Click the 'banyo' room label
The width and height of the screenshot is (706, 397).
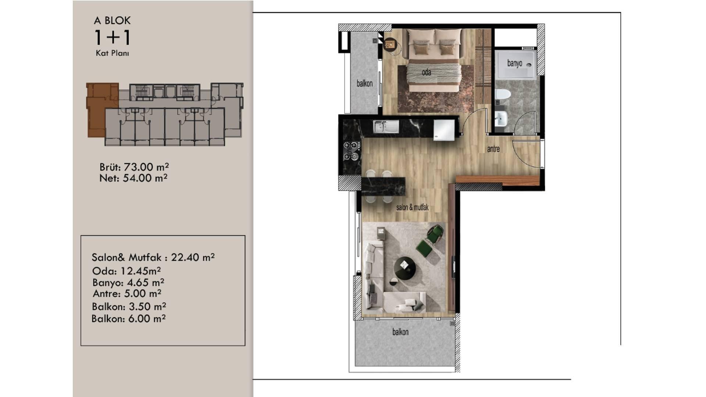(514, 63)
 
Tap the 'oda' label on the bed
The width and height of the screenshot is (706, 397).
(426, 72)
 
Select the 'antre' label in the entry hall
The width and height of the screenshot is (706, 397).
(493, 149)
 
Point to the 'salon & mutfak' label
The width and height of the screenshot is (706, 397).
(412, 207)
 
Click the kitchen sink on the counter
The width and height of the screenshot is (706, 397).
(386, 127)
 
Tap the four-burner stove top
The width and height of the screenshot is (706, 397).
(352, 151)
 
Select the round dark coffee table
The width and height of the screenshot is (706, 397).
(405, 268)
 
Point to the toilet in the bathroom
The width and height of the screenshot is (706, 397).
(502, 94)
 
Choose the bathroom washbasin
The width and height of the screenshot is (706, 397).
(501, 119)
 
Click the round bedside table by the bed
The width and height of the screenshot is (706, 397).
(389, 45)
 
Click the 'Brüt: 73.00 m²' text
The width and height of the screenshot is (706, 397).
(134, 167)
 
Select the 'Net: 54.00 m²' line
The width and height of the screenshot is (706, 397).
(133, 178)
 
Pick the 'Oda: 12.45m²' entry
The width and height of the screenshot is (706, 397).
(126, 271)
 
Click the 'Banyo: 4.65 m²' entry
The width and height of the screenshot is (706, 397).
(128, 282)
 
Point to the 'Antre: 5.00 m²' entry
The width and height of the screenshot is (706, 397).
(127, 293)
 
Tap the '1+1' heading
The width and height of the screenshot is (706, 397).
(113, 37)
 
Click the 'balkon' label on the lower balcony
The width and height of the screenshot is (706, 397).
(400, 332)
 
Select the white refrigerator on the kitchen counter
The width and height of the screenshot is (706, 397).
(444, 130)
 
